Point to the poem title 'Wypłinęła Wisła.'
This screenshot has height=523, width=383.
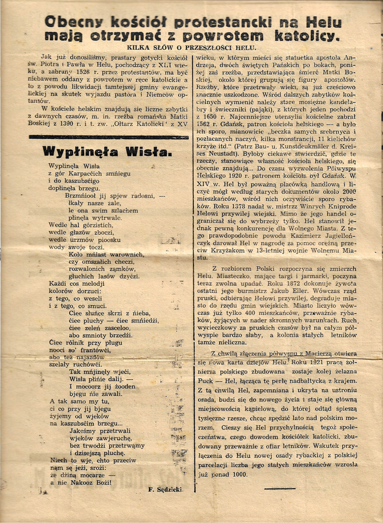106,152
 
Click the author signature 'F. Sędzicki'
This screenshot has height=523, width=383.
165,490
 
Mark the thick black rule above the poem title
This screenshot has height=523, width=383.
108,137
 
